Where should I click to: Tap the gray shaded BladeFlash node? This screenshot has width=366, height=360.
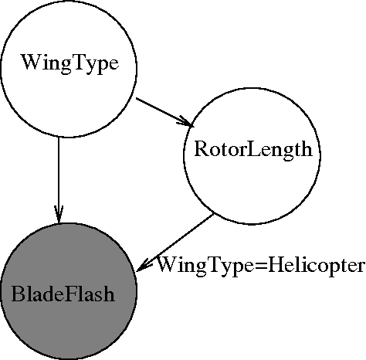[68, 293]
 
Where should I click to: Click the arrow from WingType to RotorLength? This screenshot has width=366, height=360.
[163, 111]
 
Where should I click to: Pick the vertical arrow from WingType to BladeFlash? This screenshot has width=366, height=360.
[59, 178]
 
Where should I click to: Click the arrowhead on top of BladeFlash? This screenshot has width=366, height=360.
[59, 216]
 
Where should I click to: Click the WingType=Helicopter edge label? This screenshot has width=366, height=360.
[260, 266]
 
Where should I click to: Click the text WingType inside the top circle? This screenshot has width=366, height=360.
[69, 63]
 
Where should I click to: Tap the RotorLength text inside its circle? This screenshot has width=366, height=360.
[252, 151]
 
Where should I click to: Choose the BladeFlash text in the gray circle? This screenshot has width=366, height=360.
[63, 294]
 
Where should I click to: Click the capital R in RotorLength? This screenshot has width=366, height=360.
[198, 151]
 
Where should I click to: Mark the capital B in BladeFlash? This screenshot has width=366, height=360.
[17, 294]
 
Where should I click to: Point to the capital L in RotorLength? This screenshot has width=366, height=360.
[249, 151]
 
